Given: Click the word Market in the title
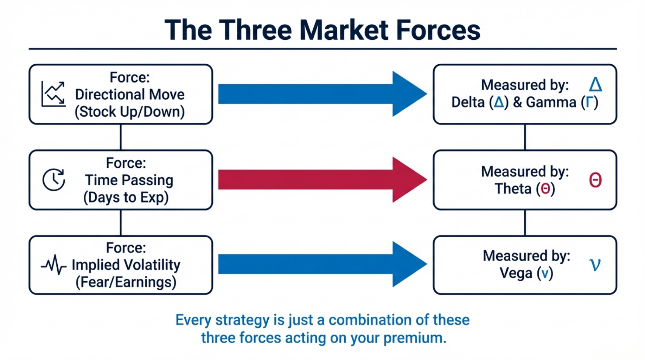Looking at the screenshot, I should coord(344,30).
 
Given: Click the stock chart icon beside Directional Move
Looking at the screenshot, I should coord(53,94).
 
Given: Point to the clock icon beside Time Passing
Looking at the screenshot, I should coord(53,180).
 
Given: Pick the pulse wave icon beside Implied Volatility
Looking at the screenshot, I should coord(53,265).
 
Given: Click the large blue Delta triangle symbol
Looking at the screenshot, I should coord(595,85).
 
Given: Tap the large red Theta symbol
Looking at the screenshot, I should coord(595,180).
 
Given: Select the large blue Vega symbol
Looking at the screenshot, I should coord(595,265).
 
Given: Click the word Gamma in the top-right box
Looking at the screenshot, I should coord(551,103).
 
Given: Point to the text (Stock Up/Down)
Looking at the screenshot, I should coord(129,112).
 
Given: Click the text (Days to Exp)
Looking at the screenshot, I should coord(126,198).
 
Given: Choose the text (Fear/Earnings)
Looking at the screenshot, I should coord(126,282).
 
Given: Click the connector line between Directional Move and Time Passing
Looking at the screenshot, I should coord(121,137).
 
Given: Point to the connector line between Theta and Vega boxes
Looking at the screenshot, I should coord(525,223).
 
